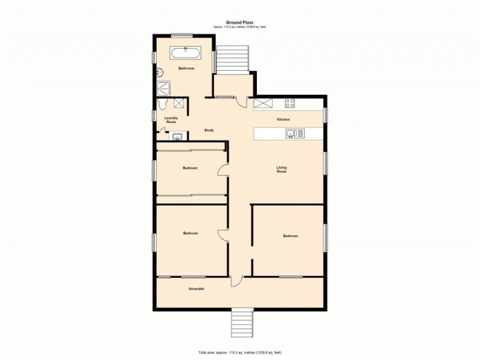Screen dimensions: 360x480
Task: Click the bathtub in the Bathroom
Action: [x=186, y=53]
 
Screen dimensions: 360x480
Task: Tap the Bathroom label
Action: [x=186, y=68]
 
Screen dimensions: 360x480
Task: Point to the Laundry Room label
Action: [x=171, y=120]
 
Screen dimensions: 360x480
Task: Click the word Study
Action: [x=209, y=130]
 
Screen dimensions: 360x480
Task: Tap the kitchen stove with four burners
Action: [x=290, y=103]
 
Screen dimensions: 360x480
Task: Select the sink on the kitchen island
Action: [x=292, y=134]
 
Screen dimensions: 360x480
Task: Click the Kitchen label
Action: [x=283, y=120]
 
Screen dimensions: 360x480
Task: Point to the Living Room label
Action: [x=281, y=169]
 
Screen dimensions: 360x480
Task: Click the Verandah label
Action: [x=196, y=290]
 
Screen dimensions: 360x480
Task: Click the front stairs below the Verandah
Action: [x=242, y=324]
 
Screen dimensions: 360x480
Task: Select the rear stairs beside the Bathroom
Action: [x=232, y=60]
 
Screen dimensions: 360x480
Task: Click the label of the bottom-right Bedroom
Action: [x=290, y=236]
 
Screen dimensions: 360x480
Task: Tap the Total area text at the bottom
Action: [x=239, y=352]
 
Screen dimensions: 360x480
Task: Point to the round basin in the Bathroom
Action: [x=160, y=73]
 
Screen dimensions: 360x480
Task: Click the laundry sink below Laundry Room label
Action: [x=177, y=137]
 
